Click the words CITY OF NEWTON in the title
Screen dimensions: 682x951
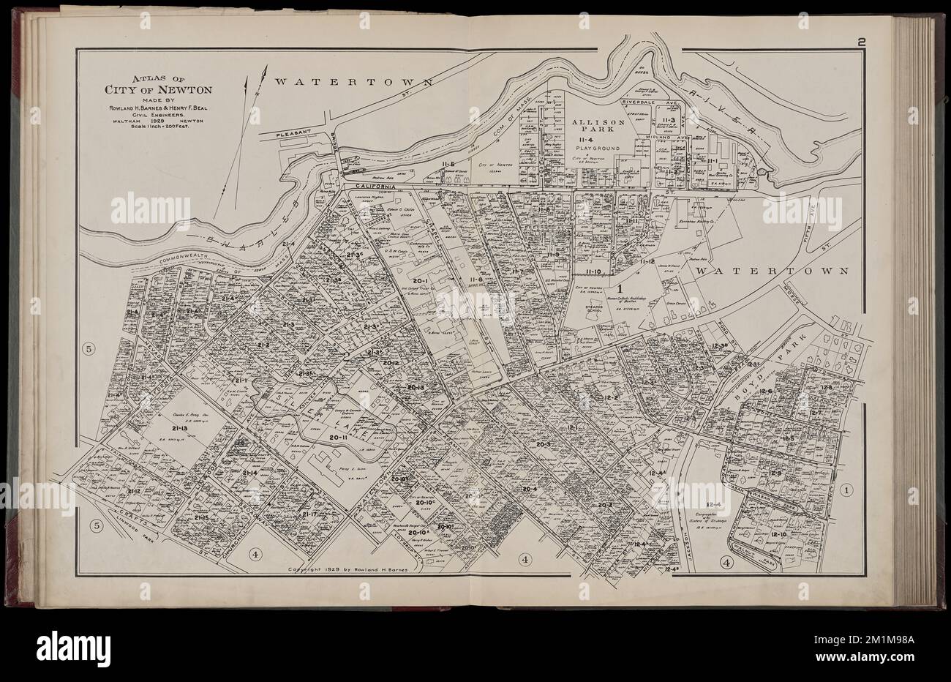pyautogui.click(x=158, y=91)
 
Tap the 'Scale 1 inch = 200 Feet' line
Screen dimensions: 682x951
pyautogui.click(x=158, y=127)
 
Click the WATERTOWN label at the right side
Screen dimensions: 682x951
pyautogui.click(x=772, y=271)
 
